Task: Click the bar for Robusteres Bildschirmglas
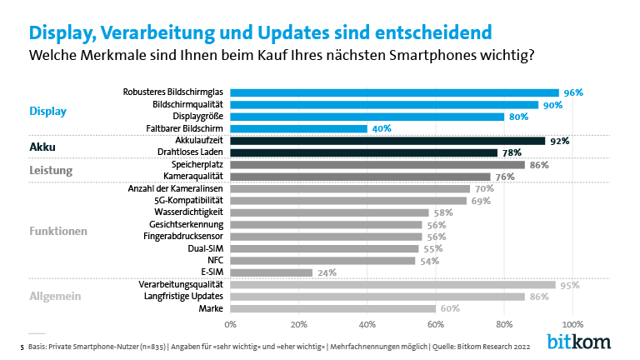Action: pos(394,92)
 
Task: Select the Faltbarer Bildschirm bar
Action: pos(298,128)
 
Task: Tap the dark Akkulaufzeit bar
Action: pos(387,141)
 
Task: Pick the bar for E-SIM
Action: pos(271,272)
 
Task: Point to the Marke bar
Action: pos(332,308)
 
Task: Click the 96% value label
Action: pos(572,92)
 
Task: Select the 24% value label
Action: pos(326,272)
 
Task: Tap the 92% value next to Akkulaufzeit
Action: pos(559,141)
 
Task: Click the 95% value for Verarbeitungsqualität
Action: pos(569,285)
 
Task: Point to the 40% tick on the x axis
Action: pos(367,323)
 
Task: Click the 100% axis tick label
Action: pos(572,323)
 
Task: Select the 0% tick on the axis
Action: pos(231,323)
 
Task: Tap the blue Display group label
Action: pos(47,110)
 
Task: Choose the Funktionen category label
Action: pos(59,231)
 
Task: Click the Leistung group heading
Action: pos(52,171)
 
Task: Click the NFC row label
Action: pos(214,260)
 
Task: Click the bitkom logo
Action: pos(578,342)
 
